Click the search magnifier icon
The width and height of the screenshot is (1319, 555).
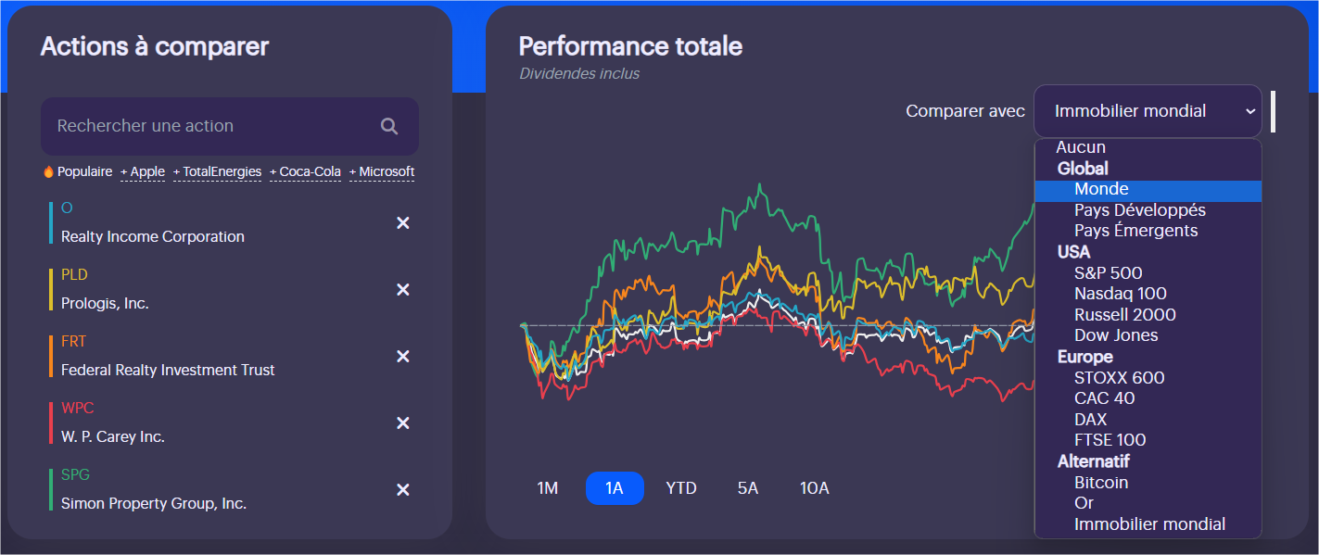pyautogui.click(x=389, y=126)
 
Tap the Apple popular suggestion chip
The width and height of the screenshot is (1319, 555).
pyautogui.click(x=143, y=172)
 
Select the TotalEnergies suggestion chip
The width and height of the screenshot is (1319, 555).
pyautogui.click(x=218, y=172)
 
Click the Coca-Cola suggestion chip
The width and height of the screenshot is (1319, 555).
pyautogui.click(x=306, y=172)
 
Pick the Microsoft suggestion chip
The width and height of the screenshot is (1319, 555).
pyautogui.click(x=382, y=172)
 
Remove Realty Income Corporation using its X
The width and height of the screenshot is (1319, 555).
pyautogui.click(x=403, y=223)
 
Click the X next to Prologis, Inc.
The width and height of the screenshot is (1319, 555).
pyautogui.click(x=403, y=290)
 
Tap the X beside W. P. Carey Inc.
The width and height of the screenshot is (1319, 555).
pyautogui.click(x=403, y=423)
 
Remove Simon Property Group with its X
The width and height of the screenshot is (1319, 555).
pyautogui.click(x=403, y=490)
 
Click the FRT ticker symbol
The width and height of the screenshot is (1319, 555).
pyautogui.click(x=73, y=342)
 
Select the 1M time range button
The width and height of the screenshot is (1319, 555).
pyautogui.click(x=548, y=488)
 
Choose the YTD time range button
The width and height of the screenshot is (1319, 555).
pyautogui.click(x=681, y=488)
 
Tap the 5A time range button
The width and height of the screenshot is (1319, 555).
pyautogui.click(x=748, y=488)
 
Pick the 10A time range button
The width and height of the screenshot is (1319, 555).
pyautogui.click(x=815, y=488)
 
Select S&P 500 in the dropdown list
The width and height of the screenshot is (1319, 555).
pyautogui.click(x=1108, y=273)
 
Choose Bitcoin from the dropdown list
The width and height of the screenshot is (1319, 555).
pyautogui.click(x=1101, y=483)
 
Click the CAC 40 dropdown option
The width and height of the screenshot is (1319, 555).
pyautogui.click(x=1104, y=398)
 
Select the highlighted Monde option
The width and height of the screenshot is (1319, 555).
pyautogui.click(x=1101, y=190)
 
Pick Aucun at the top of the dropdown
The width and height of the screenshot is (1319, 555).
pyautogui.click(x=1081, y=147)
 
